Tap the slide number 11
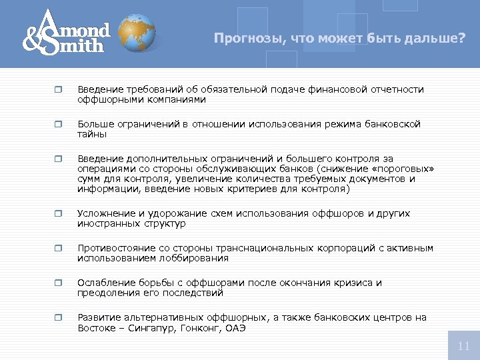click(x=464, y=345)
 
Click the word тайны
click(x=92, y=134)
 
